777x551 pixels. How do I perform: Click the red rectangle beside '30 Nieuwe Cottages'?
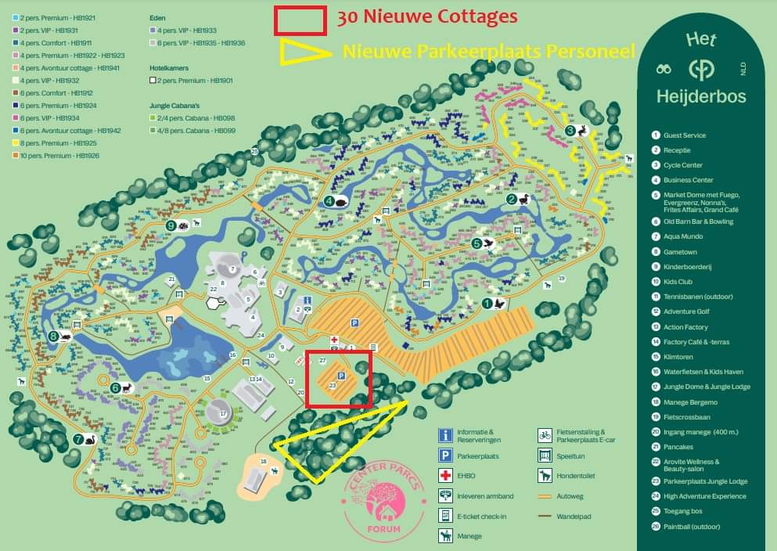pyautogui.click(x=300, y=20)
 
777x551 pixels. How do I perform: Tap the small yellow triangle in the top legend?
pyautogui.click(x=306, y=52)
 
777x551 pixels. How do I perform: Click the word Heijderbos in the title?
pyautogui.click(x=702, y=97)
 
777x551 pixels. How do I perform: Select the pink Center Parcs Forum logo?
pyautogui.click(x=382, y=504)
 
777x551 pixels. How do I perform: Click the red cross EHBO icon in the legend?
pyautogui.click(x=445, y=476)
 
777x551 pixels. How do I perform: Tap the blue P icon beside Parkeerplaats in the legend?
pyautogui.click(x=445, y=456)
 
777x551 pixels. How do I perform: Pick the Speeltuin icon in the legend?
pyautogui.click(x=545, y=456)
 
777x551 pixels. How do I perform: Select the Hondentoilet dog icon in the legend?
pyautogui.click(x=545, y=475)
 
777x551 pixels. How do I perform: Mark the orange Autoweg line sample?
pyautogui.click(x=545, y=496)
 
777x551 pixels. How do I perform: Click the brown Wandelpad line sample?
pyautogui.click(x=545, y=517)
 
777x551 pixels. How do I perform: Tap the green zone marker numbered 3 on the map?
pyautogui.click(x=570, y=130)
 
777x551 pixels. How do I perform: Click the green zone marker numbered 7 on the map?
pyautogui.click(x=78, y=439)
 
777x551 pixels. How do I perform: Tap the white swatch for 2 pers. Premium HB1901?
pyautogui.click(x=153, y=81)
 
